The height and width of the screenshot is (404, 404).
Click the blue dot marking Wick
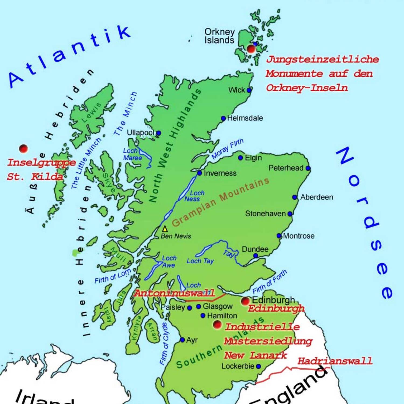[249, 90]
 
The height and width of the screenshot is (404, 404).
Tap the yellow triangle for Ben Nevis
[165, 229]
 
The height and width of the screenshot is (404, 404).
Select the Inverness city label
[220, 173]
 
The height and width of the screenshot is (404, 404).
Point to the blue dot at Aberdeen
[295, 197]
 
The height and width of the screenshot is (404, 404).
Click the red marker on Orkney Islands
[251, 49]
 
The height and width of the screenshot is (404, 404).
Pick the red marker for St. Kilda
[24, 148]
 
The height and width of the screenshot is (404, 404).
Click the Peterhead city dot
[308, 168]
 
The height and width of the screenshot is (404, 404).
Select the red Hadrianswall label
[335, 361]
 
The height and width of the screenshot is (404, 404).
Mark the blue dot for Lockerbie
[259, 366]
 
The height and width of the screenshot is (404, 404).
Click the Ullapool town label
[140, 133]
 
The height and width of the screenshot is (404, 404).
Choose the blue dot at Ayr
[182, 340]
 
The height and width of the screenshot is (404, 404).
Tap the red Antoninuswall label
[175, 293]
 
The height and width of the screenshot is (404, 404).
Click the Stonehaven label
[265, 214]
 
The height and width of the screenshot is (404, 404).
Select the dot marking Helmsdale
[223, 118]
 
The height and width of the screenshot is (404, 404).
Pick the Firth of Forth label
[270, 282]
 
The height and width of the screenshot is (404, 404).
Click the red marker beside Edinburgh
[245, 301]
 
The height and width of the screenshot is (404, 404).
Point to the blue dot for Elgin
[241, 158]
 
